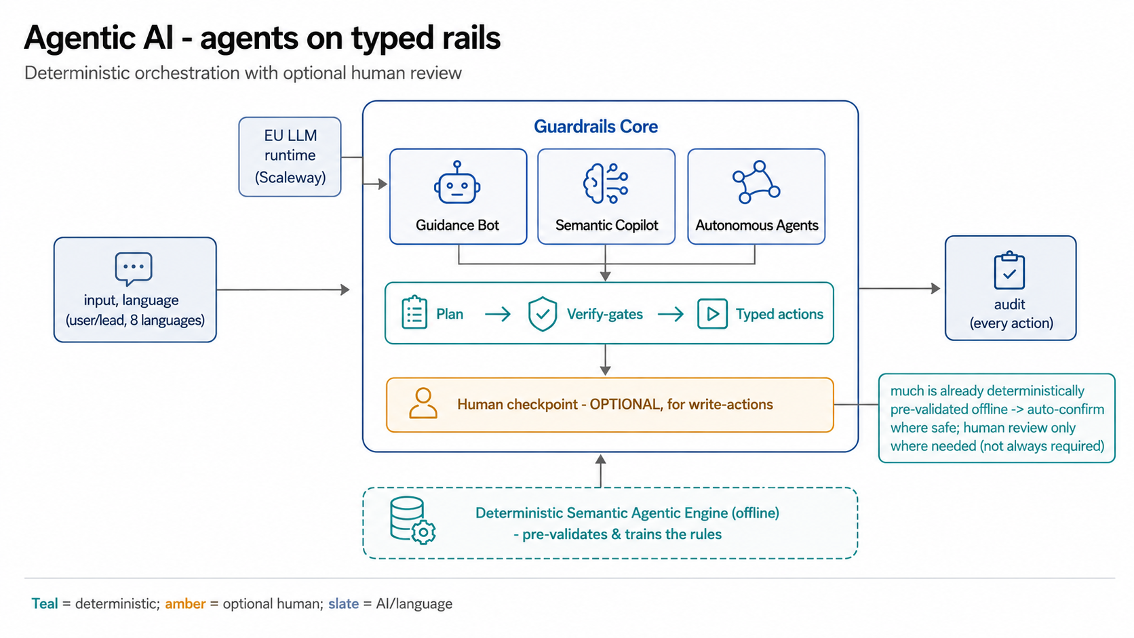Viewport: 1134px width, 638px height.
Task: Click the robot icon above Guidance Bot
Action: tap(457, 182)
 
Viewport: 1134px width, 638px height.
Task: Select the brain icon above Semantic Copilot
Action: tap(606, 183)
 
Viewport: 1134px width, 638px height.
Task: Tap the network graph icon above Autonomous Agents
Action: tap(756, 182)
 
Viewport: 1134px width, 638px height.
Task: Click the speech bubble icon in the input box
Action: tap(134, 268)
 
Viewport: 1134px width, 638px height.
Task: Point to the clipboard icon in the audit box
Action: tap(1009, 270)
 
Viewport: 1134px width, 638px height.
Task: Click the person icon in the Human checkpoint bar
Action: tap(423, 403)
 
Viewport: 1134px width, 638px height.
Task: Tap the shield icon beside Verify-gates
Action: tap(542, 314)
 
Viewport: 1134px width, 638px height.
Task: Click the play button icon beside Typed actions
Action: tap(712, 314)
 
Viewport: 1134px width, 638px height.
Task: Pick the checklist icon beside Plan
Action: tap(414, 313)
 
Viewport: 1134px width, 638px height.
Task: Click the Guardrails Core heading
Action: tap(596, 127)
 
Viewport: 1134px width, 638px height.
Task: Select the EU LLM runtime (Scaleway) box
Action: tap(290, 157)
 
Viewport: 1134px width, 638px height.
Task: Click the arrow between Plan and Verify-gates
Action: tap(498, 315)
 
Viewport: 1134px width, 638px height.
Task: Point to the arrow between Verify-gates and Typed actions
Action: tap(671, 315)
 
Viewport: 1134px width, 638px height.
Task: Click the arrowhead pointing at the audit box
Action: tap(936, 288)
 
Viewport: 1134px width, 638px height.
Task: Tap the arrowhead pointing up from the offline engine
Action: tap(601, 460)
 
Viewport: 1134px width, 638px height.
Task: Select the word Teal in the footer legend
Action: tap(45, 603)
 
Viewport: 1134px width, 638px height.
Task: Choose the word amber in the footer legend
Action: tap(185, 604)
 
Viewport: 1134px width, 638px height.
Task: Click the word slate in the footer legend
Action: tap(343, 603)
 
